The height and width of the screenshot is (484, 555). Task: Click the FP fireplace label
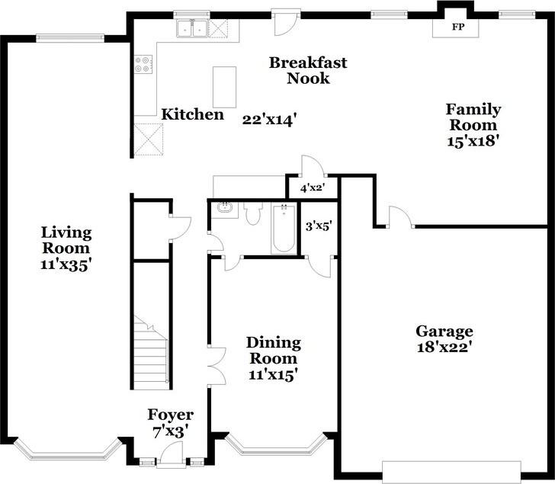[x=457, y=27]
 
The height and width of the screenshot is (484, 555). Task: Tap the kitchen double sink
[x=192, y=28]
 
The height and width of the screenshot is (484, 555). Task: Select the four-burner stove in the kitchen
[x=143, y=64]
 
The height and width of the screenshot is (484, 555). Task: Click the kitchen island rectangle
[x=224, y=87]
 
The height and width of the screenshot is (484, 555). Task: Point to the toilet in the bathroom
[x=253, y=213]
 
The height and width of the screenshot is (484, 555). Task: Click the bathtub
[x=284, y=228]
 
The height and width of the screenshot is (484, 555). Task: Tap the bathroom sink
[x=225, y=207]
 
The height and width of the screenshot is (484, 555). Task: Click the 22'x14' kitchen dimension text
[x=268, y=120]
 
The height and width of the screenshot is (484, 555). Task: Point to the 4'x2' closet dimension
[x=313, y=188]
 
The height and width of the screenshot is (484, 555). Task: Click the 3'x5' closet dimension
[x=318, y=226]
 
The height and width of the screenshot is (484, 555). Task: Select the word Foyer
[x=170, y=415]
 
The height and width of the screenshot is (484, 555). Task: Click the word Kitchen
[x=193, y=114]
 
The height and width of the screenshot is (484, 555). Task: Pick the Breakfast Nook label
[x=308, y=70]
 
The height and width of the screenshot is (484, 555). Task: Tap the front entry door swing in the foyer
[x=171, y=453]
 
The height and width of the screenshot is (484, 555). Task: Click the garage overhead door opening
[x=451, y=472]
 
